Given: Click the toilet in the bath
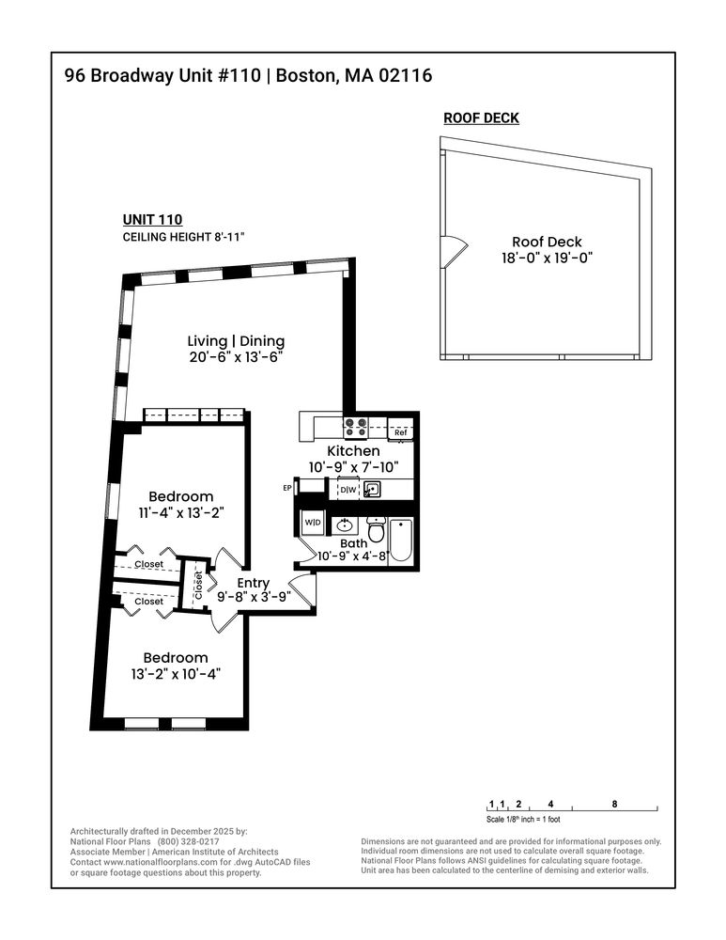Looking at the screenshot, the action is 376,528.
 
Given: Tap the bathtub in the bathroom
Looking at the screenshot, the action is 400,540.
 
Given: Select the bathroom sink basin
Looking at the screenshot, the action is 345,525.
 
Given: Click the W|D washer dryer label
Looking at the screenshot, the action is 313,522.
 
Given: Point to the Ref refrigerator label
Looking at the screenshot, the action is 400,432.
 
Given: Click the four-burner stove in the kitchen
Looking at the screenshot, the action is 355,427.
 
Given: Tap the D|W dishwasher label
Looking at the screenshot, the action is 348,490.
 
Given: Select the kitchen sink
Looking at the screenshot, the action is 371,489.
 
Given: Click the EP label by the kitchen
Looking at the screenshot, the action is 287,488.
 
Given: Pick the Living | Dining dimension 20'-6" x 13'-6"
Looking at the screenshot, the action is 235,357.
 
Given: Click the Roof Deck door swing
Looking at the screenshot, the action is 454,252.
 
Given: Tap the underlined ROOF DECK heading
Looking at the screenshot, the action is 481,118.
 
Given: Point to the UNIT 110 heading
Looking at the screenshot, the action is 152,219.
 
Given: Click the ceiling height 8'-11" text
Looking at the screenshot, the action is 184,237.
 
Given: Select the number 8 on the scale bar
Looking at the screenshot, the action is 614,804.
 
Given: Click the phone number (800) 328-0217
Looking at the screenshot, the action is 188,841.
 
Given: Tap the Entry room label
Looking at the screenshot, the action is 253,583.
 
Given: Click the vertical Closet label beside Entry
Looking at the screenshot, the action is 198,585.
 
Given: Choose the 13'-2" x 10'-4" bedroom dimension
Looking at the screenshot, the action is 177,674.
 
